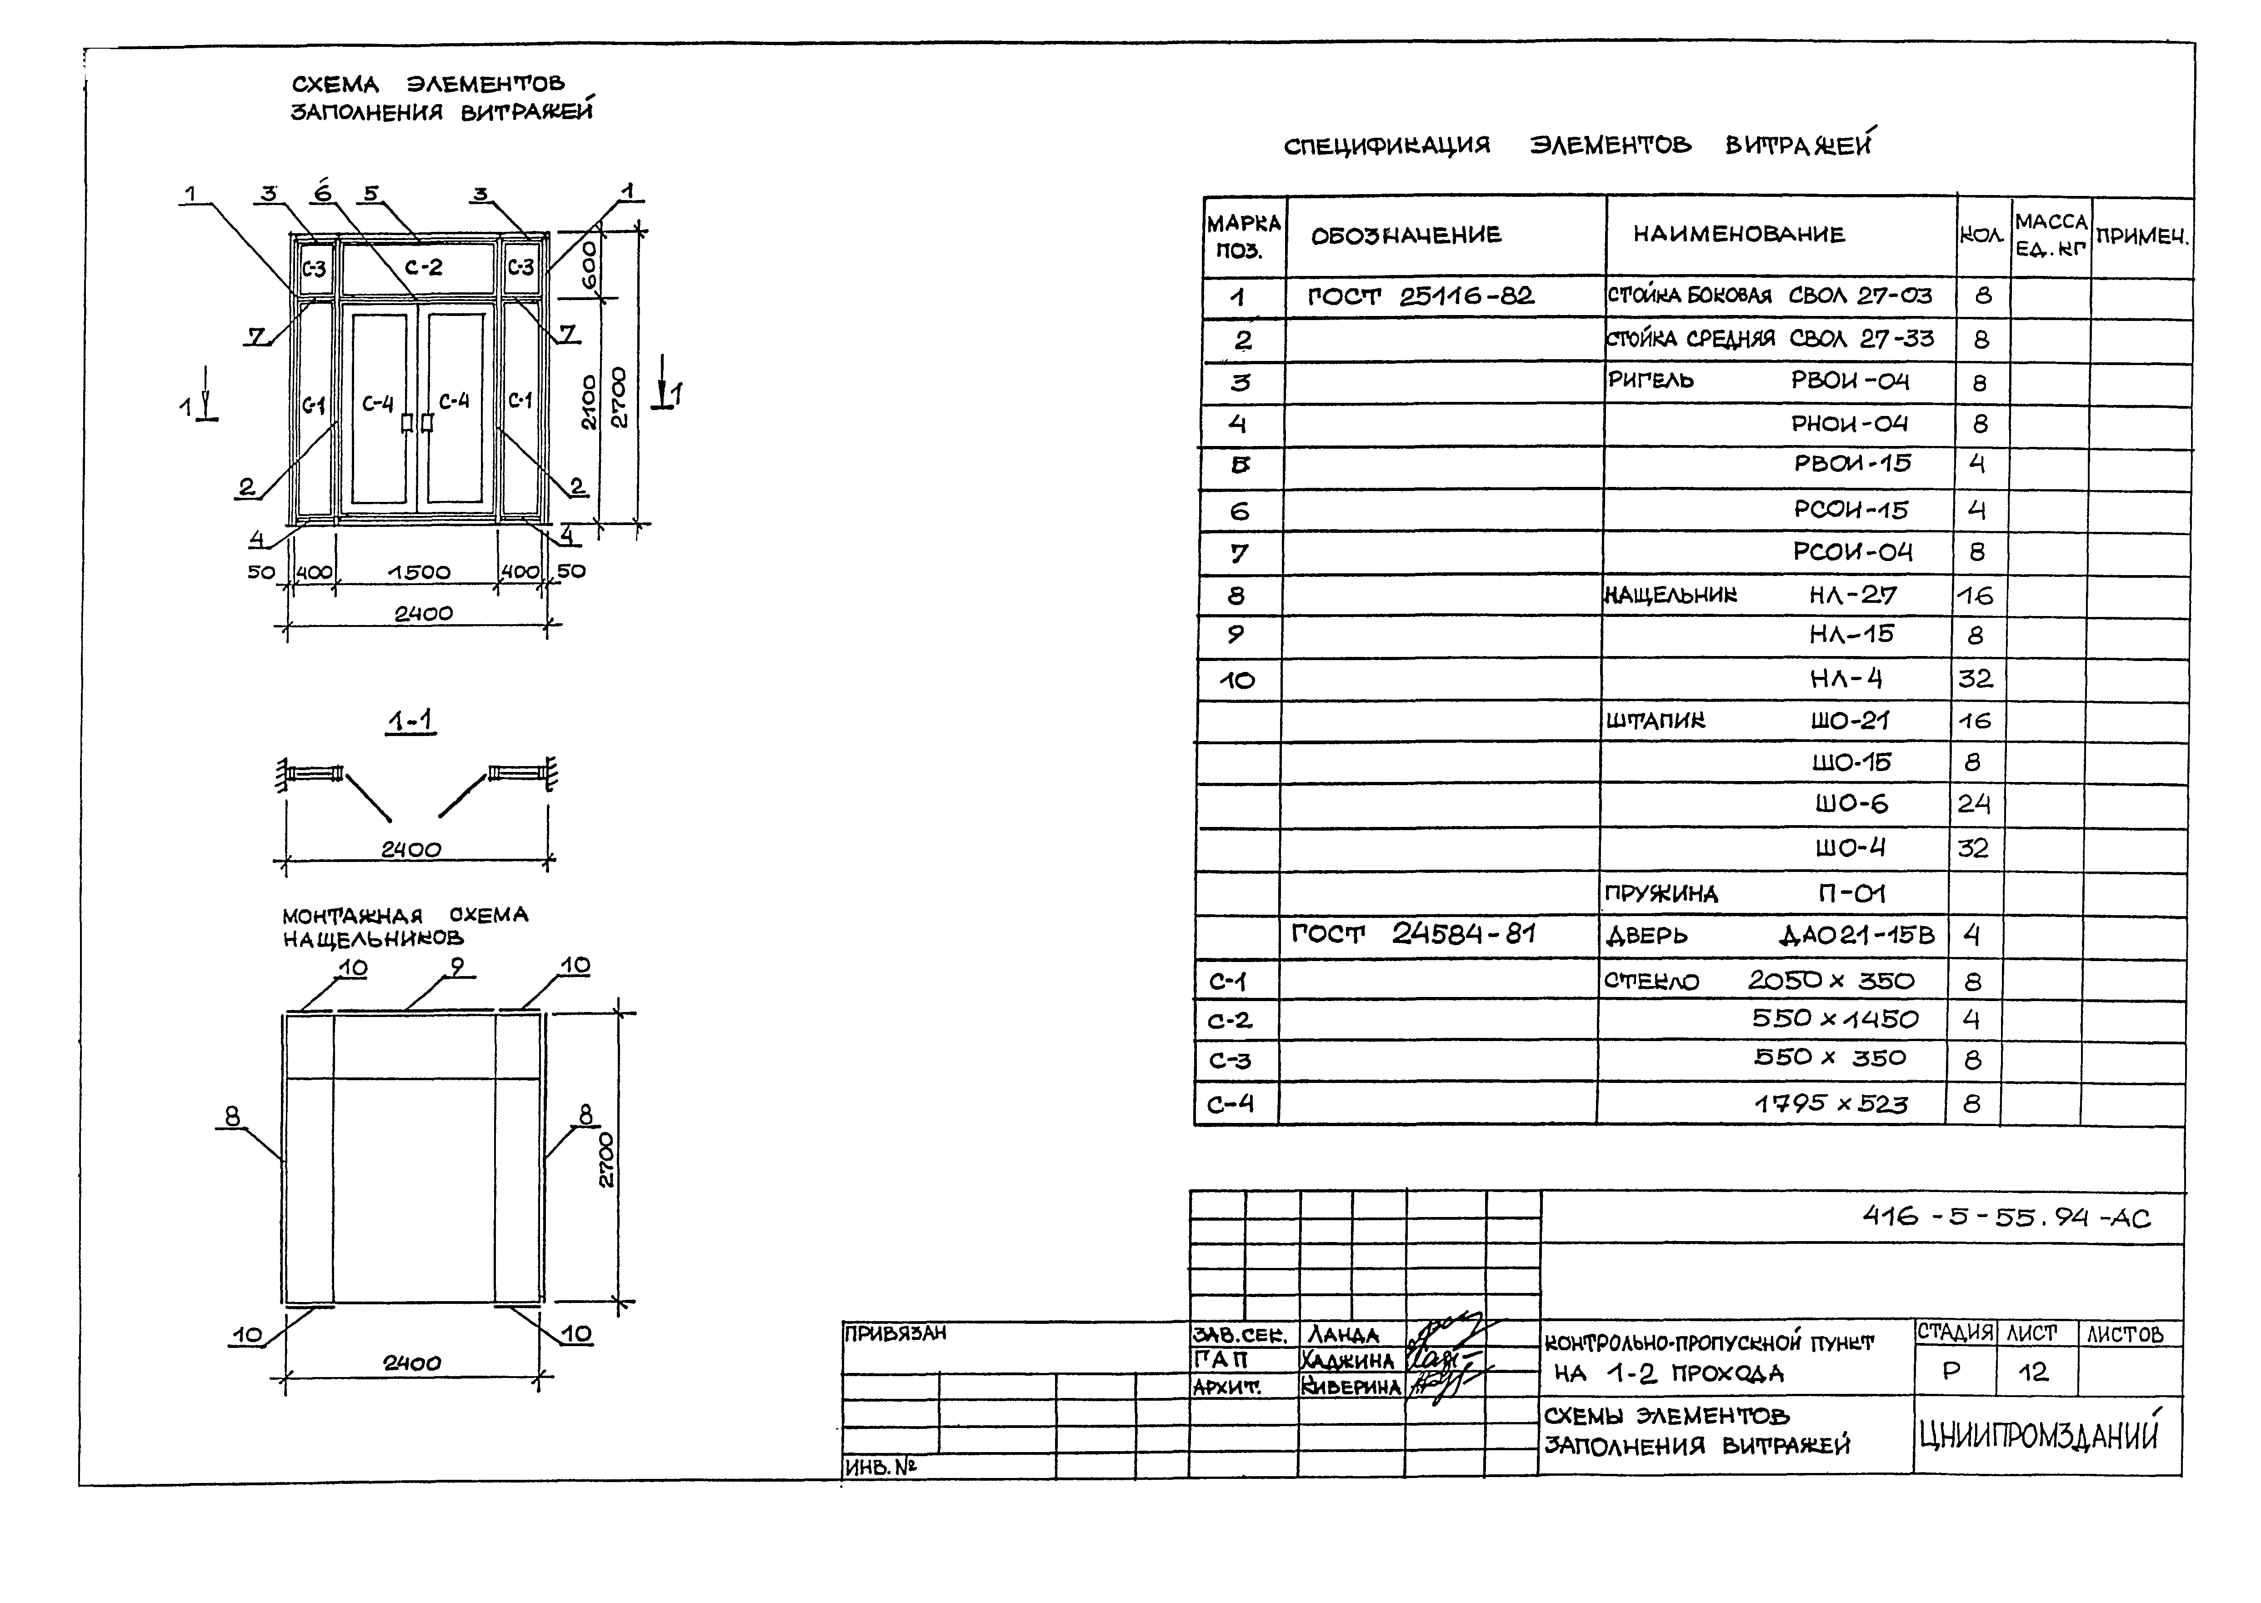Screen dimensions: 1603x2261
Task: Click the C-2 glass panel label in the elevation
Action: click(x=423, y=266)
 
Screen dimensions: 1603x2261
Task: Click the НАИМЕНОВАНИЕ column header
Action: click(x=1739, y=235)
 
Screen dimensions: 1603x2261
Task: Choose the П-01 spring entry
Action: click(x=1851, y=893)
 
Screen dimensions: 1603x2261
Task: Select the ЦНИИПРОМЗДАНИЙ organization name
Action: click(x=2038, y=1436)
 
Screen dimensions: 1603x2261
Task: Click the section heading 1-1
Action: click(x=410, y=722)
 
